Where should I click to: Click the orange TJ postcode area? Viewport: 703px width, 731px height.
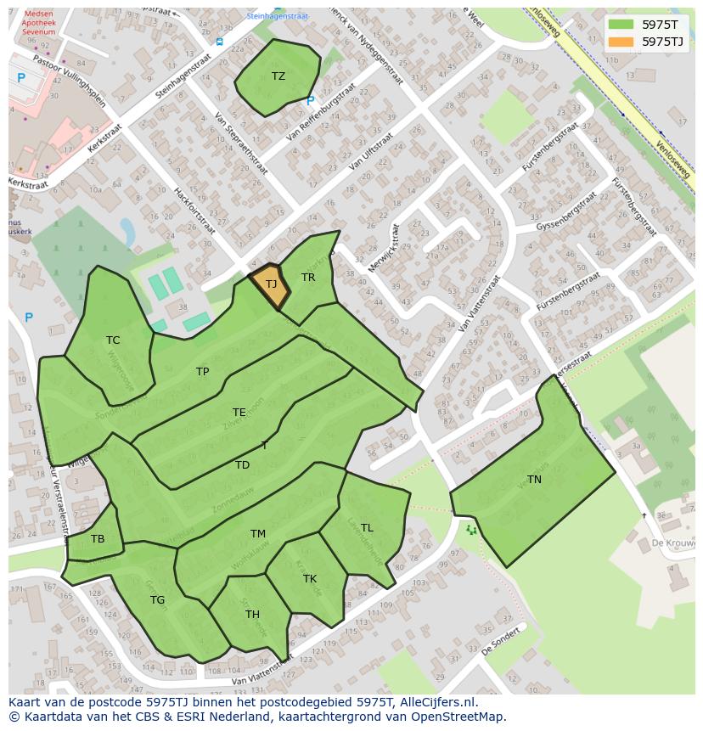pos(270,284)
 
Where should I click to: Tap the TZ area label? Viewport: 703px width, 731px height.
pos(278,76)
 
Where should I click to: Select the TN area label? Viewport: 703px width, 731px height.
pos(534,480)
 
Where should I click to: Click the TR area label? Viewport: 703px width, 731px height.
pos(308,278)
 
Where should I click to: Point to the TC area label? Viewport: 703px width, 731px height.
pos(113,340)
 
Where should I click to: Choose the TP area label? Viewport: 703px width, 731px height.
pos(202,372)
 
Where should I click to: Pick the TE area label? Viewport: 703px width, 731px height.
pos(239,413)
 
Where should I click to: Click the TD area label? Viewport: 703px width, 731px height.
pos(243,465)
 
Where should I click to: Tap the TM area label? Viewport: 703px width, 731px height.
pos(258,534)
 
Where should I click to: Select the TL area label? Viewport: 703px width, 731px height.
pos(367,528)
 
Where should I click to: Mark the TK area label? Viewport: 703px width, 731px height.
pos(310,579)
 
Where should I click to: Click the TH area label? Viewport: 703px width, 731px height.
pos(252,615)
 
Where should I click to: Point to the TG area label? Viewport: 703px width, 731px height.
pos(157,600)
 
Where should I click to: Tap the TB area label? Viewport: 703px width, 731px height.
pos(98,539)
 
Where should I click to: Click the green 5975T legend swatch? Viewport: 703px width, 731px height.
pos(621,25)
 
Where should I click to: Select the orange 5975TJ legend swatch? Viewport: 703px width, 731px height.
pos(621,42)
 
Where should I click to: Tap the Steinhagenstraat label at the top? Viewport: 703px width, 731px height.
pos(278,16)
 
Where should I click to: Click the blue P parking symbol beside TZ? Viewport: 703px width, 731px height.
pos(311,101)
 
